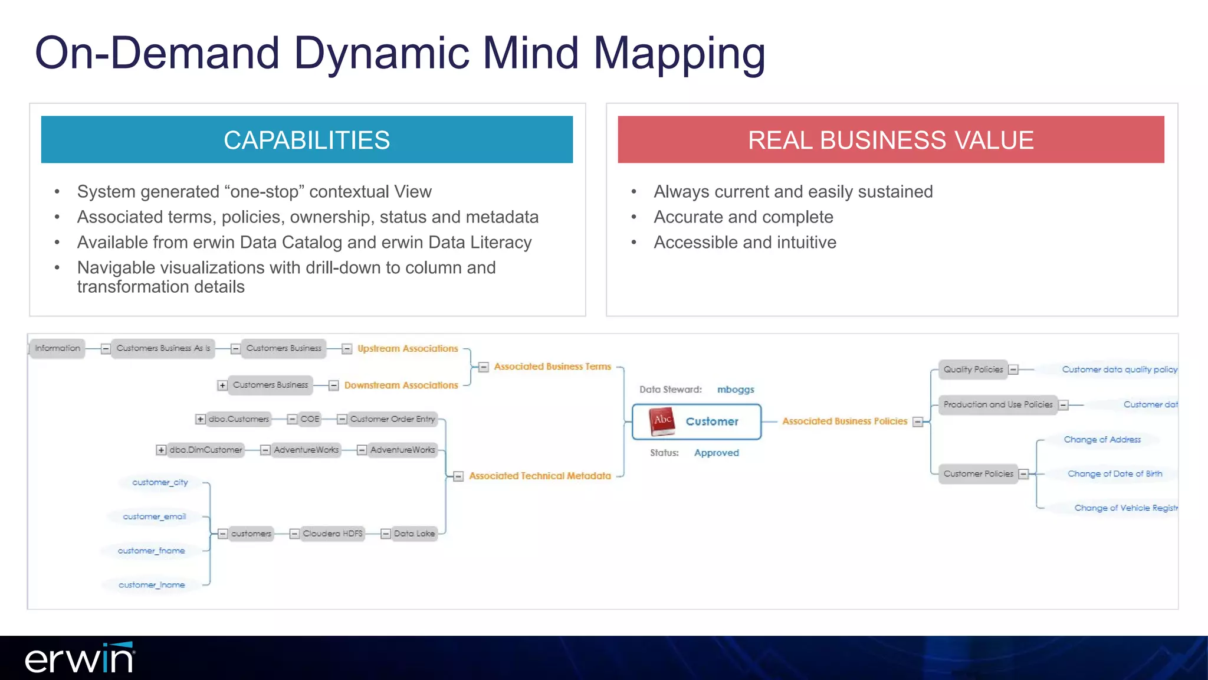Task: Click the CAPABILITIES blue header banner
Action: (x=307, y=139)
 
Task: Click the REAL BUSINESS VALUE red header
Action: (x=891, y=139)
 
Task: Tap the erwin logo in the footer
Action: (x=80, y=658)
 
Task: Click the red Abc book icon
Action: (x=662, y=421)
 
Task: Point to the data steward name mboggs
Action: (x=736, y=390)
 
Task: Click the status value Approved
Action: (x=716, y=453)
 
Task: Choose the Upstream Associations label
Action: (x=408, y=348)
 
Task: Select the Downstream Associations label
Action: (x=401, y=385)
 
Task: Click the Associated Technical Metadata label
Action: (x=540, y=476)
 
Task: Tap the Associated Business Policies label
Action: (x=845, y=421)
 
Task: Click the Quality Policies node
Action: (x=973, y=370)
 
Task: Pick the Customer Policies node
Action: (x=978, y=473)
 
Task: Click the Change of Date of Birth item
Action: (x=1114, y=473)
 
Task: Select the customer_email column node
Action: (x=154, y=516)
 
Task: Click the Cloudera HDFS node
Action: (x=333, y=534)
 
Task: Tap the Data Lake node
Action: (x=414, y=534)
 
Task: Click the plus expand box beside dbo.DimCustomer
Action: (x=161, y=450)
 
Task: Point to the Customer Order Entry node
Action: (x=392, y=419)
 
